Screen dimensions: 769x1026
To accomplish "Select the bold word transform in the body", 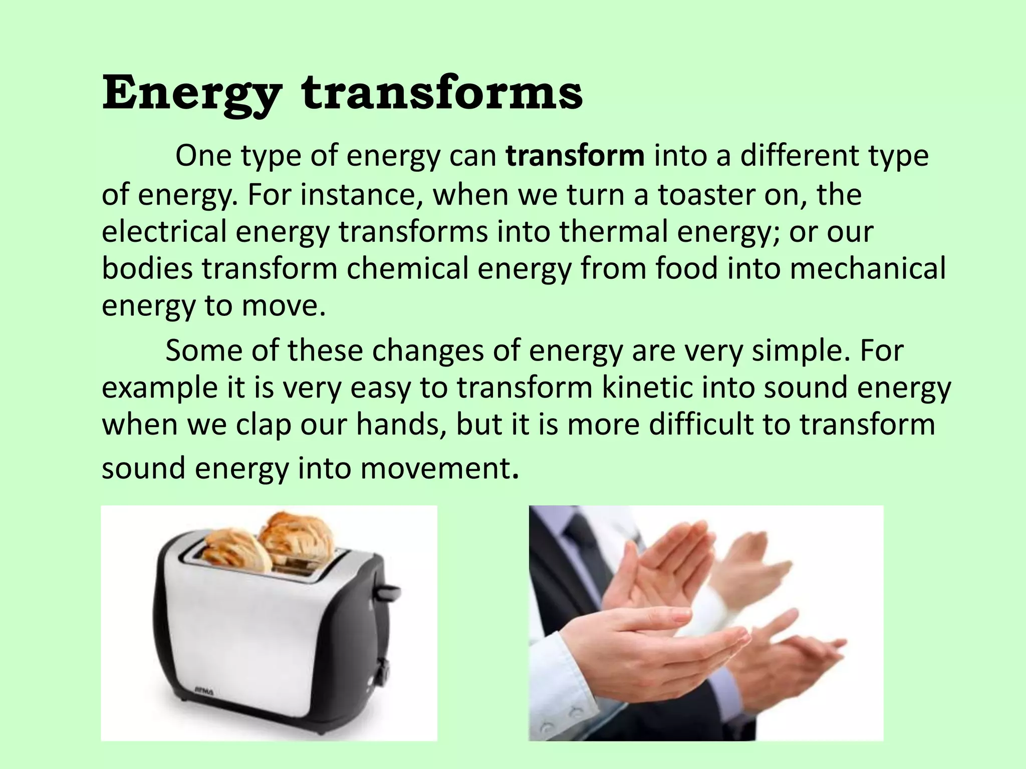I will [x=575, y=156].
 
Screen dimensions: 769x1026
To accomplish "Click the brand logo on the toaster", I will [x=204, y=692].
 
